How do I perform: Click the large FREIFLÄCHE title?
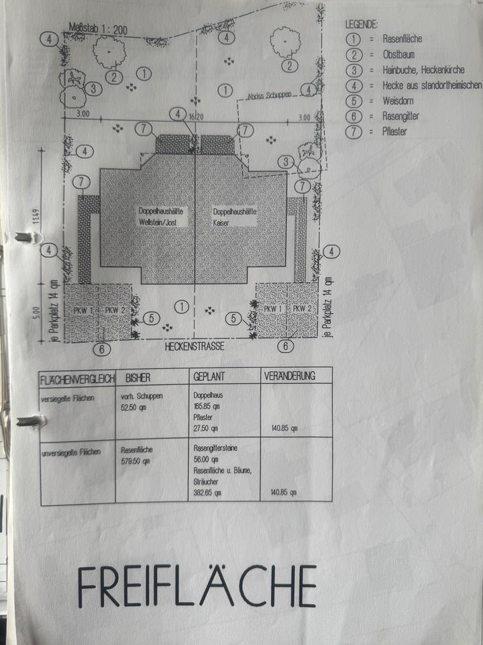197,586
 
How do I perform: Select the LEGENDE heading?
362,25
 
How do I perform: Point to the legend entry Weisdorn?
398,101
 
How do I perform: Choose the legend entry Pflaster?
394,132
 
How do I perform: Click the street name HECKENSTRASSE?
195,347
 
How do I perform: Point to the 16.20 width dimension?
196,117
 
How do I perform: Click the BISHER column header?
138,377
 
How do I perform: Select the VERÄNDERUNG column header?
290,376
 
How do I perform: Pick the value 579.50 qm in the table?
135,462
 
